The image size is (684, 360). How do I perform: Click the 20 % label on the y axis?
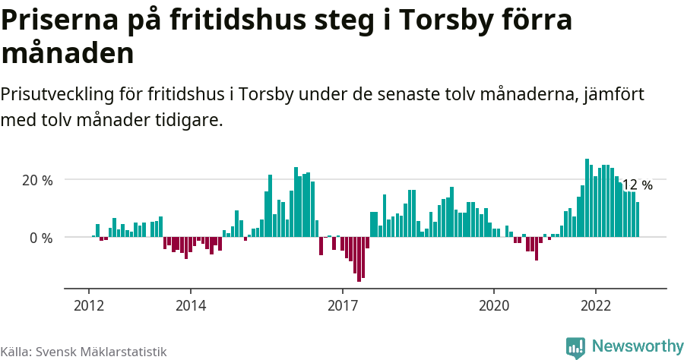37,181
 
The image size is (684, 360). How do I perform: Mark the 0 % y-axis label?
42,238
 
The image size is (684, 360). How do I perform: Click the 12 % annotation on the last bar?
637,185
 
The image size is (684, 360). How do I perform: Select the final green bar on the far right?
638,219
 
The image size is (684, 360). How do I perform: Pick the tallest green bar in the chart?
587,197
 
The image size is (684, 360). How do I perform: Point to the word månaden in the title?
68,54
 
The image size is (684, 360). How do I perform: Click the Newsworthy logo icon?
575,347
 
